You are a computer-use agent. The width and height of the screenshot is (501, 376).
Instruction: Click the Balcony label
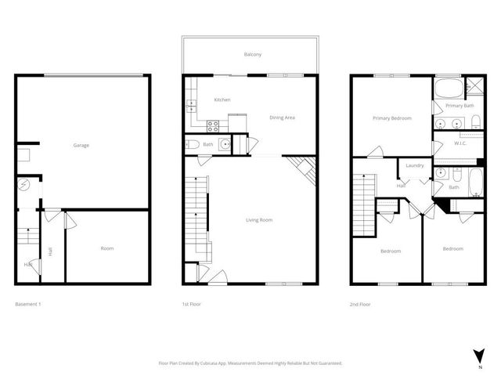click(x=252, y=54)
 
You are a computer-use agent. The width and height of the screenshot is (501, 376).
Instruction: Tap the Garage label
click(x=81, y=146)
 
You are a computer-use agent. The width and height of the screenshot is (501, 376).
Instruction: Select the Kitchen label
click(x=222, y=99)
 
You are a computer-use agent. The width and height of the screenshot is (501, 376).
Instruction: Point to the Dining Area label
click(x=282, y=117)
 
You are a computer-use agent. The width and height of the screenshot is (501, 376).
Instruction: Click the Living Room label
click(x=259, y=220)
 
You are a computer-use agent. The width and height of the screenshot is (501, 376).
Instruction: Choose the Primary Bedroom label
click(x=391, y=118)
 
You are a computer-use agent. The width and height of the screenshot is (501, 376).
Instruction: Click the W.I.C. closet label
click(x=460, y=143)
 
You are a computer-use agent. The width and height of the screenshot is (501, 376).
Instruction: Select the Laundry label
click(x=414, y=165)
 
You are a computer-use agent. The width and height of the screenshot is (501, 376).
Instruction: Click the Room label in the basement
click(x=107, y=248)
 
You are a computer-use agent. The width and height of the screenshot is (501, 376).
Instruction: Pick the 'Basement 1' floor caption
click(x=28, y=303)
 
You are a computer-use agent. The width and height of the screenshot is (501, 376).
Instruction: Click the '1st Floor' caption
click(x=192, y=303)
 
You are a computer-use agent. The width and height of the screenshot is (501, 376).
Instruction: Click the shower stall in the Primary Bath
click(x=474, y=87)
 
